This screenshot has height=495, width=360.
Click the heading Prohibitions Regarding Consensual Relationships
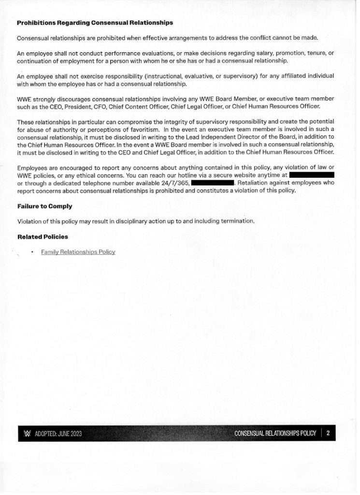tap(95, 23)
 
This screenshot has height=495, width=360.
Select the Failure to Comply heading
tap(44, 206)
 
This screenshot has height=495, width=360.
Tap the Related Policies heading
tap(43, 237)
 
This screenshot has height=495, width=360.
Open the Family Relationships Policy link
tap(78, 252)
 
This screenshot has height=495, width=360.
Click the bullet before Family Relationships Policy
tap(31, 252)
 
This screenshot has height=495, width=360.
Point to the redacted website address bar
tap(311, 174)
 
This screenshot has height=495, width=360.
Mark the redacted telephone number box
tap(213, 183)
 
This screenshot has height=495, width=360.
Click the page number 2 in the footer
tap(328, 433)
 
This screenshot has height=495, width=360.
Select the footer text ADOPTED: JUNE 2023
tap(58, 434)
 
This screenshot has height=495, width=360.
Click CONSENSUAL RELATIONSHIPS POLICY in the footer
tap(275, 433)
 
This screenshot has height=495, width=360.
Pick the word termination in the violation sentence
tap(237, 221)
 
